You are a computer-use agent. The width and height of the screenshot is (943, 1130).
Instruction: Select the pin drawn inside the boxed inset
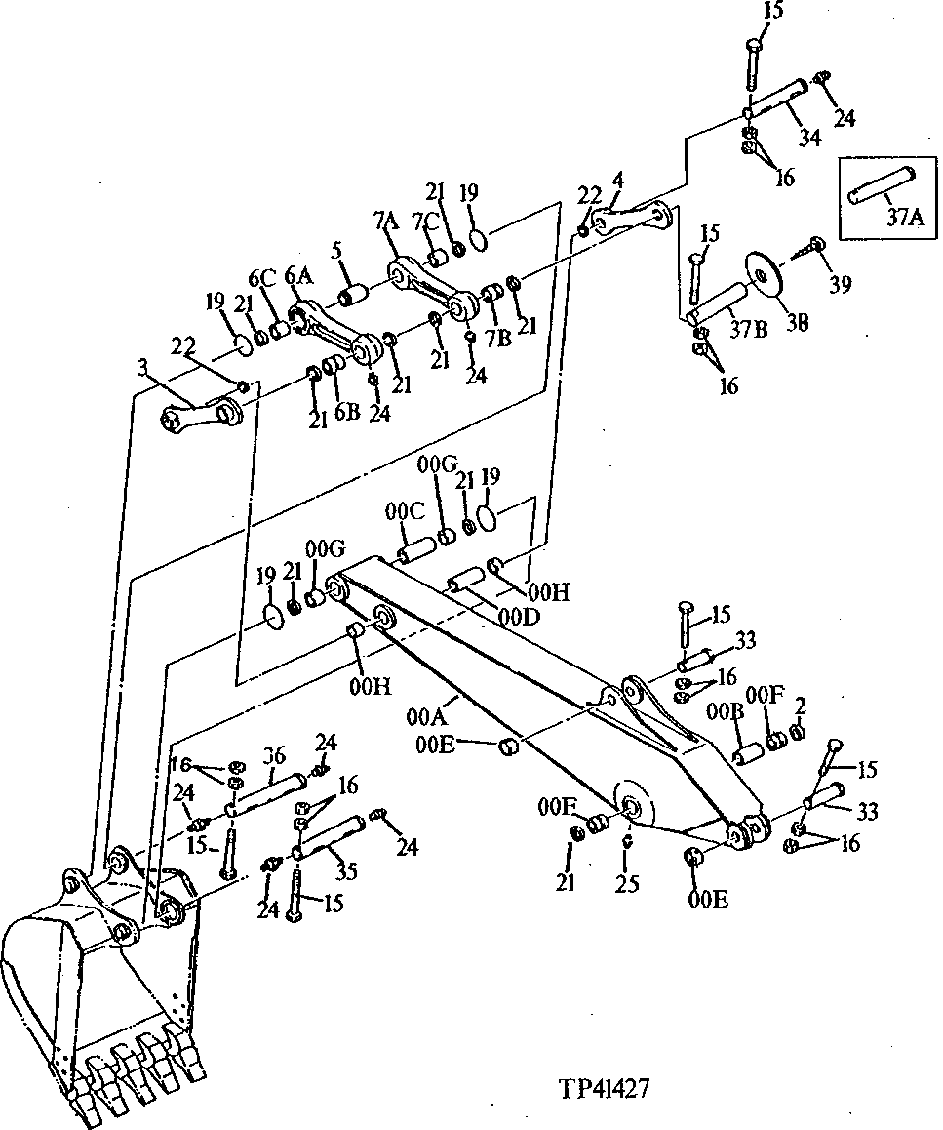882,186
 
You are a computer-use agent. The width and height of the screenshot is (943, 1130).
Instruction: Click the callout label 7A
383,223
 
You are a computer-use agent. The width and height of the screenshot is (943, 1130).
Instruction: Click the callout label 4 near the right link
618,182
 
